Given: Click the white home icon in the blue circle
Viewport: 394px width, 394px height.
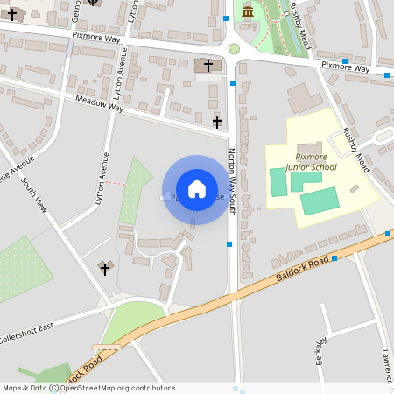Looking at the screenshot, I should coord(197,189).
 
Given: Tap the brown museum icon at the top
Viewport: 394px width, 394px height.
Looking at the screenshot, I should coord(248,11).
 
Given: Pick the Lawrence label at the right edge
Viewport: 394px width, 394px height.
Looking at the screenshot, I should coord(386,365).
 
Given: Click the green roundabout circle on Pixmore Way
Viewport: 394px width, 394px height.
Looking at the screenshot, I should coord(234,49).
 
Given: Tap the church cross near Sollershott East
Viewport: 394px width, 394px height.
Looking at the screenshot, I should coord(104,268).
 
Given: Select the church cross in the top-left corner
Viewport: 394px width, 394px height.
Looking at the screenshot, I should coord(11,14).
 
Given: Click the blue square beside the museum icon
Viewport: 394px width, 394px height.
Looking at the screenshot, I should coord(227,18).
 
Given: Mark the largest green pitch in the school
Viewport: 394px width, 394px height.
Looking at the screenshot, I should coord(320,201).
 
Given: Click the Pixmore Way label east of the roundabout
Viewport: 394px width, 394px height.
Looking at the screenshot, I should coord(345,67).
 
